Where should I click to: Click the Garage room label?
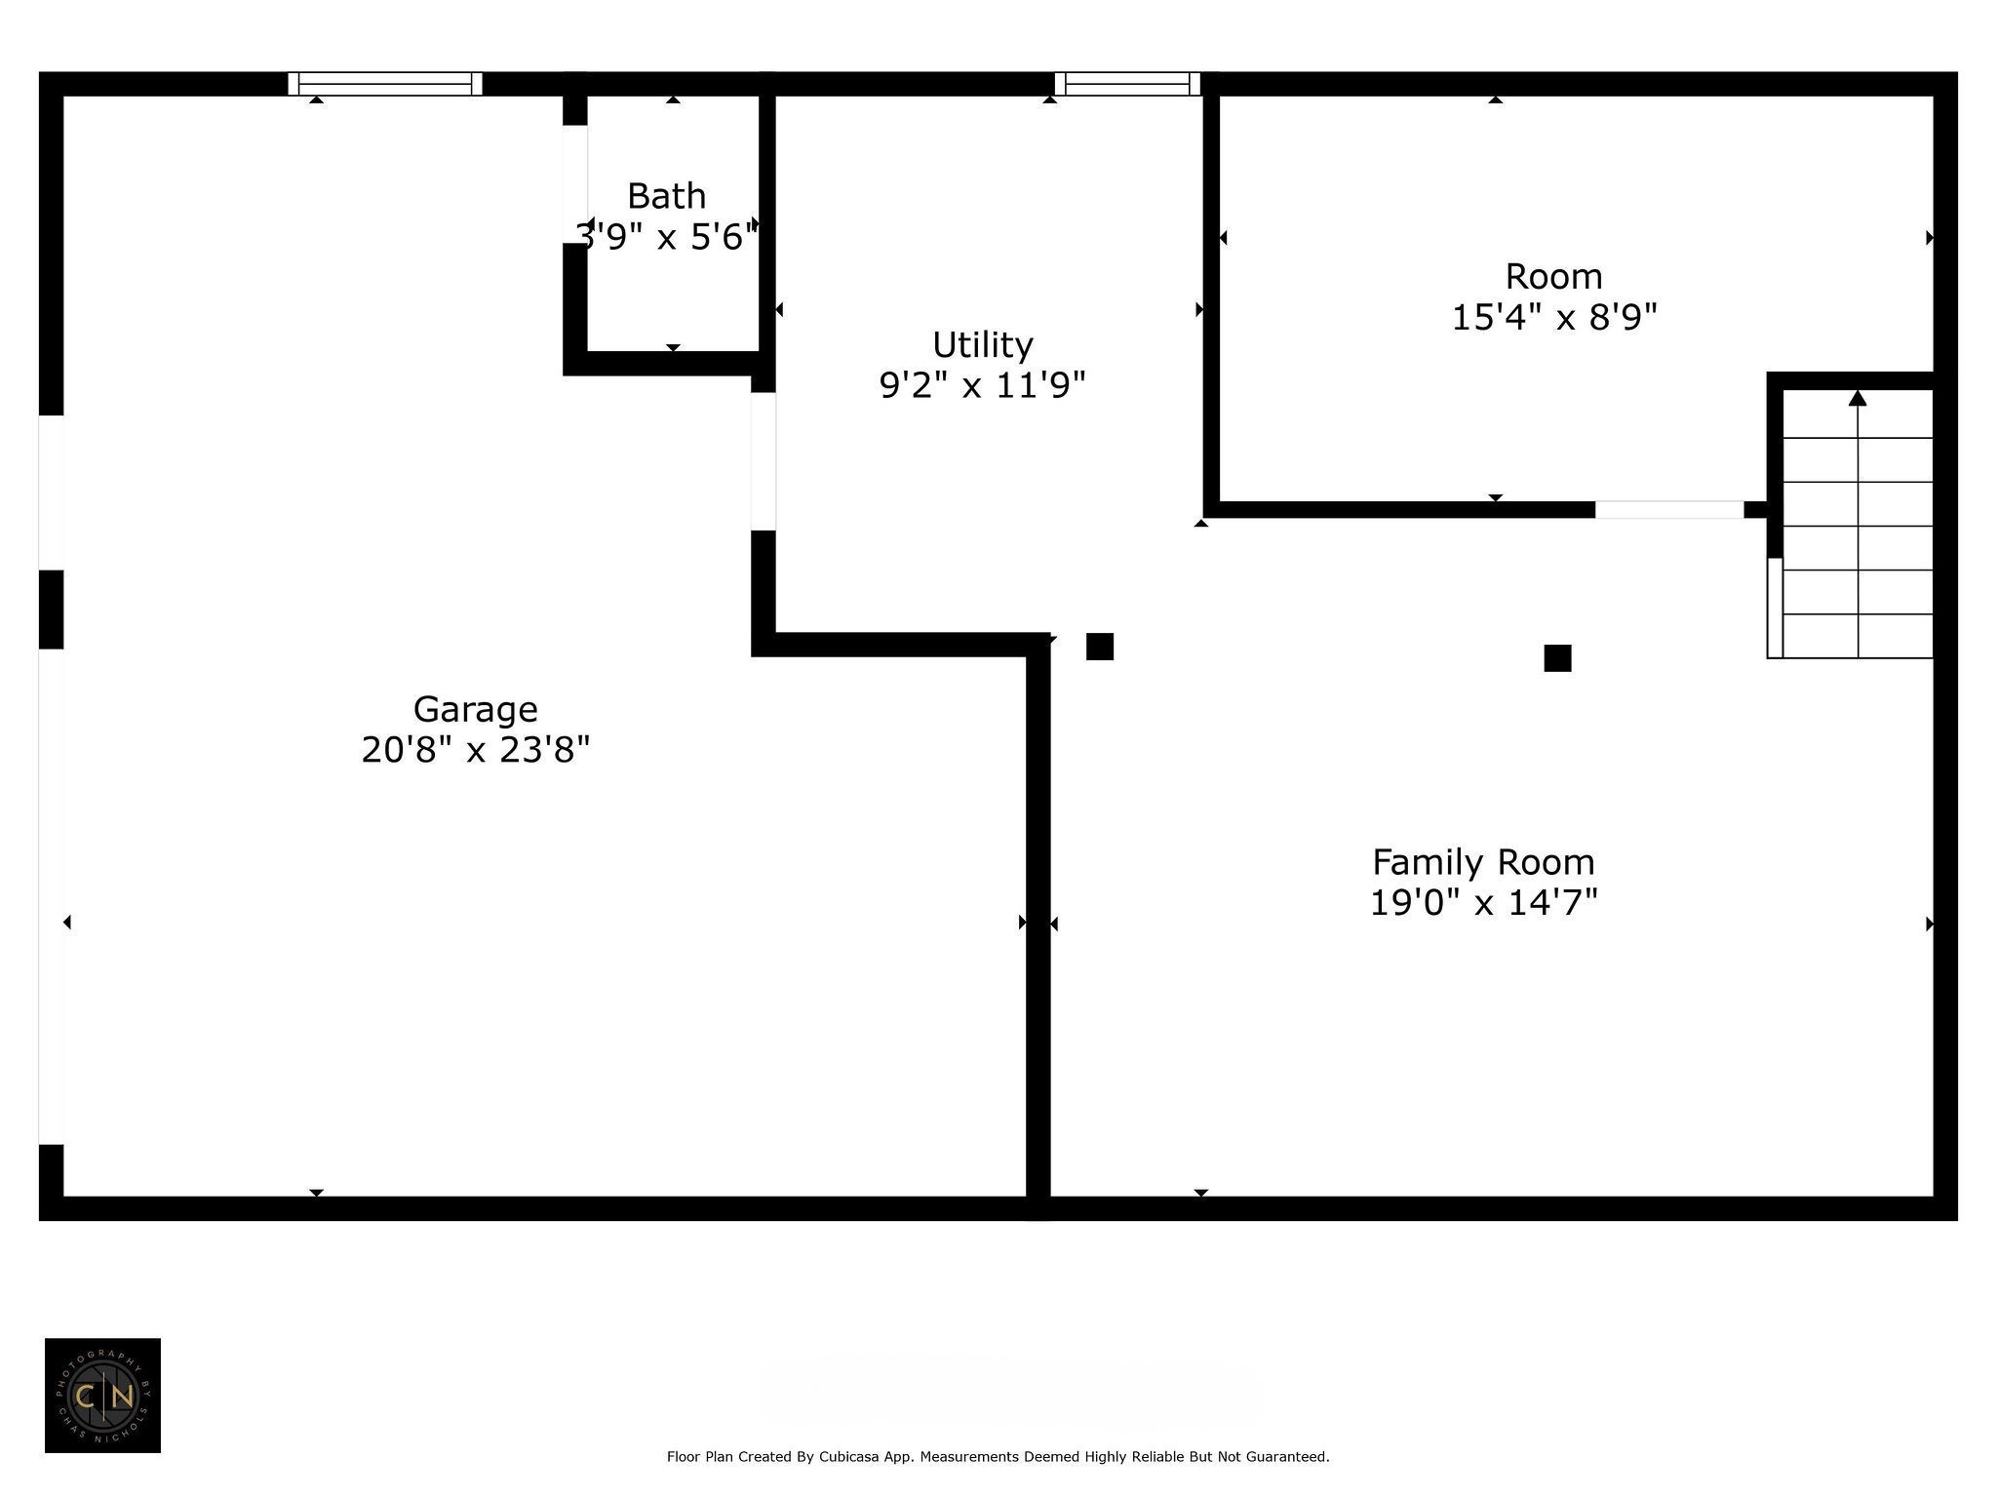[475, 710]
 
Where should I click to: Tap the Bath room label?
[666, 196]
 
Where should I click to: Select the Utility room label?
[982, 346]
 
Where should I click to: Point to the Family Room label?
[1483, 862]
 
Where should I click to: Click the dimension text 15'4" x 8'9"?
[1554, 318]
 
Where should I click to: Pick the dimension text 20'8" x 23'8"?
[475, 750]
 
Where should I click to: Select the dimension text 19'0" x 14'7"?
[1483, 903]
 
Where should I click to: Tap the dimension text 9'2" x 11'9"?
[982, 386]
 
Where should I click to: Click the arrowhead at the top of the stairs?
[1858, 398]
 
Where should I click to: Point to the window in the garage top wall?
[385, 84]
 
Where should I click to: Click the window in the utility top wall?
[1127, 84]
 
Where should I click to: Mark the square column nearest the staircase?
[1557, 658]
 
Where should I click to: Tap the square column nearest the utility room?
[1100, 647]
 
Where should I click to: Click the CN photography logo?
[102, 1396]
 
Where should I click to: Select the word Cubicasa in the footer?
[847, 1457]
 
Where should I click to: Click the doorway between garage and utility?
[764, 461]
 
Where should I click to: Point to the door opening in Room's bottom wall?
[1669, 509]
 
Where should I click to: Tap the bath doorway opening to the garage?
[575, 184]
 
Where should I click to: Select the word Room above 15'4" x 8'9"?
[1554, 277]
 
